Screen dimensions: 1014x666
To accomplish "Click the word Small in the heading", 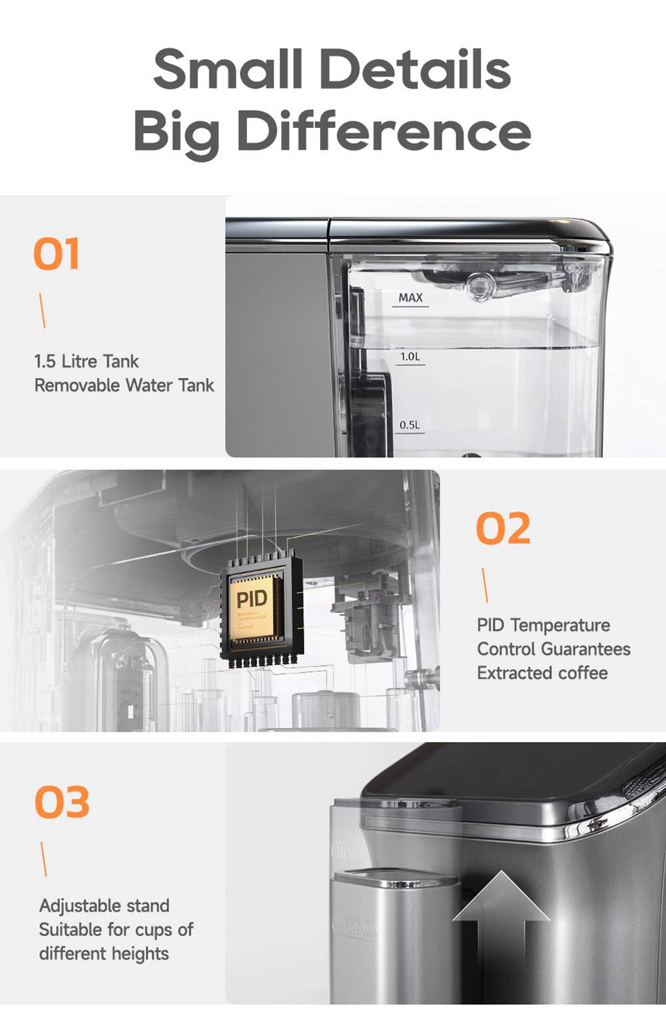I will tap(227, 69).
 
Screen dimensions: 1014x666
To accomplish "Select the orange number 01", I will tap(57, 254).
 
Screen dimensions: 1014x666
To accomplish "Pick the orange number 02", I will tap(503, 528).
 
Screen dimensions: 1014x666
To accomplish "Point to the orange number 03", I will tap(62, 802).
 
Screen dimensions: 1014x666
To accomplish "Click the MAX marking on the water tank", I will tap(410, 298).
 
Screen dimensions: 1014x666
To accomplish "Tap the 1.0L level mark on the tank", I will tap(410, 356).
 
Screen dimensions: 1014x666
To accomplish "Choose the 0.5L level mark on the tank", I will tap(410, 425).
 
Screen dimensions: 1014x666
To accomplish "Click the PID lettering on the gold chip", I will tap(252, 599).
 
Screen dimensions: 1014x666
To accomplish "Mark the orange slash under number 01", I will tap(43, 310).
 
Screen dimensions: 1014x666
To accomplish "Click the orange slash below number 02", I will tap(485, 585).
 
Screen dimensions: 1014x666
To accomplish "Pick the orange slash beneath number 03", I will tap(44, 859).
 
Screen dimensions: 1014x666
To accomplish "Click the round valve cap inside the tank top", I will tap(479, 285).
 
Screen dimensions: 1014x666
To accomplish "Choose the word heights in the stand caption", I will tap(139, 953).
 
